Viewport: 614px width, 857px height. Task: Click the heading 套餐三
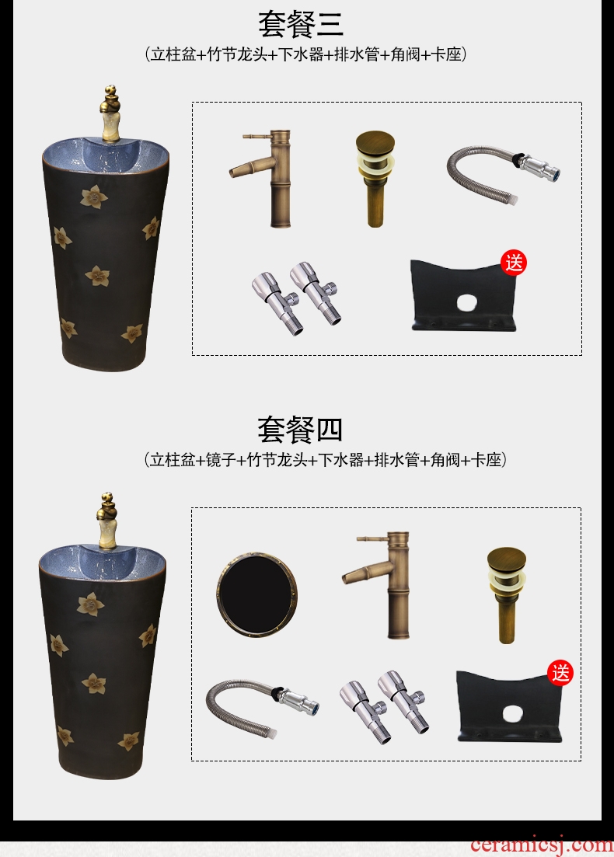[301, 24]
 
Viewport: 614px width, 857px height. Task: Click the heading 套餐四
[300, 430]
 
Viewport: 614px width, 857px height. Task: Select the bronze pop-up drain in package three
[375, 178]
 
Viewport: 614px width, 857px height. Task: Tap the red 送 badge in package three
[514, 263]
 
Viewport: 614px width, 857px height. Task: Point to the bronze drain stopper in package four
[507, 594]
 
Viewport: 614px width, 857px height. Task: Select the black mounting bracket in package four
[510, 706]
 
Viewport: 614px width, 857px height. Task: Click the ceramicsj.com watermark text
[541, 845]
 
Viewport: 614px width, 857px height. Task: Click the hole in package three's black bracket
[467, 302]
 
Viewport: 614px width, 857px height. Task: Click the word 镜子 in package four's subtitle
[221, 460]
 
